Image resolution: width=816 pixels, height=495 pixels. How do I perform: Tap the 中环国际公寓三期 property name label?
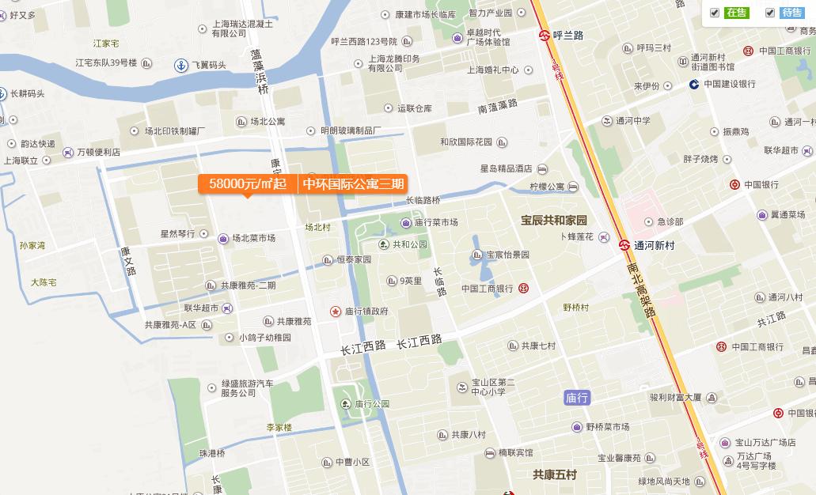353,184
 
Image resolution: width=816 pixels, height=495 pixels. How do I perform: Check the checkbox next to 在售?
715,13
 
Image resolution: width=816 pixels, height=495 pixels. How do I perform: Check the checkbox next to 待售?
770,13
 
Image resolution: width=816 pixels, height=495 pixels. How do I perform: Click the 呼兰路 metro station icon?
545,36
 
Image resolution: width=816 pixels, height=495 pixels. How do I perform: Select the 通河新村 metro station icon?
624,245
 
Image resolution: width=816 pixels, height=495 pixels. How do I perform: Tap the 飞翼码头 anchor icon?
180,65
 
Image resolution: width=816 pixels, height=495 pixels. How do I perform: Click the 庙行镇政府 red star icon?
336,312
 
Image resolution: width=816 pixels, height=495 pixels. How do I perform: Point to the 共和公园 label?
409,244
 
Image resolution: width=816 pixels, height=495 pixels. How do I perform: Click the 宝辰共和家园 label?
554,220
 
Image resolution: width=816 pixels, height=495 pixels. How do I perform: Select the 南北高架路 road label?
641,290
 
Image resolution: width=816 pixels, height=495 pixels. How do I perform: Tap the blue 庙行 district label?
578,398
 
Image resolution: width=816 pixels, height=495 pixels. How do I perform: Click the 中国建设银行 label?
729,84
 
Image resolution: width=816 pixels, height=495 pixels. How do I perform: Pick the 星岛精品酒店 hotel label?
507,168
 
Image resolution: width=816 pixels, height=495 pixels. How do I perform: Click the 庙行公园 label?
372,404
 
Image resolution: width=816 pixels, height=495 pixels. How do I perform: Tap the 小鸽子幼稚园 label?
265,338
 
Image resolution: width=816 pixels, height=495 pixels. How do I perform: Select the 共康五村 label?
555,474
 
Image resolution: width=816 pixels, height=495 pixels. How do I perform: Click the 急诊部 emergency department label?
670,222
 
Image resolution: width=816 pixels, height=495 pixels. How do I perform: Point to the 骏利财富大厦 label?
675,397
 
